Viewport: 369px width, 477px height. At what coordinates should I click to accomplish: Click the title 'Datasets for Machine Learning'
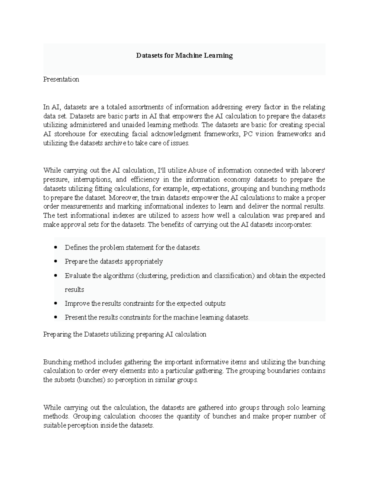[x=184, y=56]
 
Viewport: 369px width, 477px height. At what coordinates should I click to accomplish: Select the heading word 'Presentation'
[x=61, y=79]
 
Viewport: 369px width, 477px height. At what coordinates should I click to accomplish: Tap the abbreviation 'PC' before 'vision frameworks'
[x=247, y=134]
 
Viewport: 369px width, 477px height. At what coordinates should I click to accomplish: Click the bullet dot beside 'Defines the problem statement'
[x=55, y=247]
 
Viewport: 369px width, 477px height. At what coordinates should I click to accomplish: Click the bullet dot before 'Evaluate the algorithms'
[x=55, y=276]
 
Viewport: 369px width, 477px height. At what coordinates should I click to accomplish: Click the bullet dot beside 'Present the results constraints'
[x=55, y=317]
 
